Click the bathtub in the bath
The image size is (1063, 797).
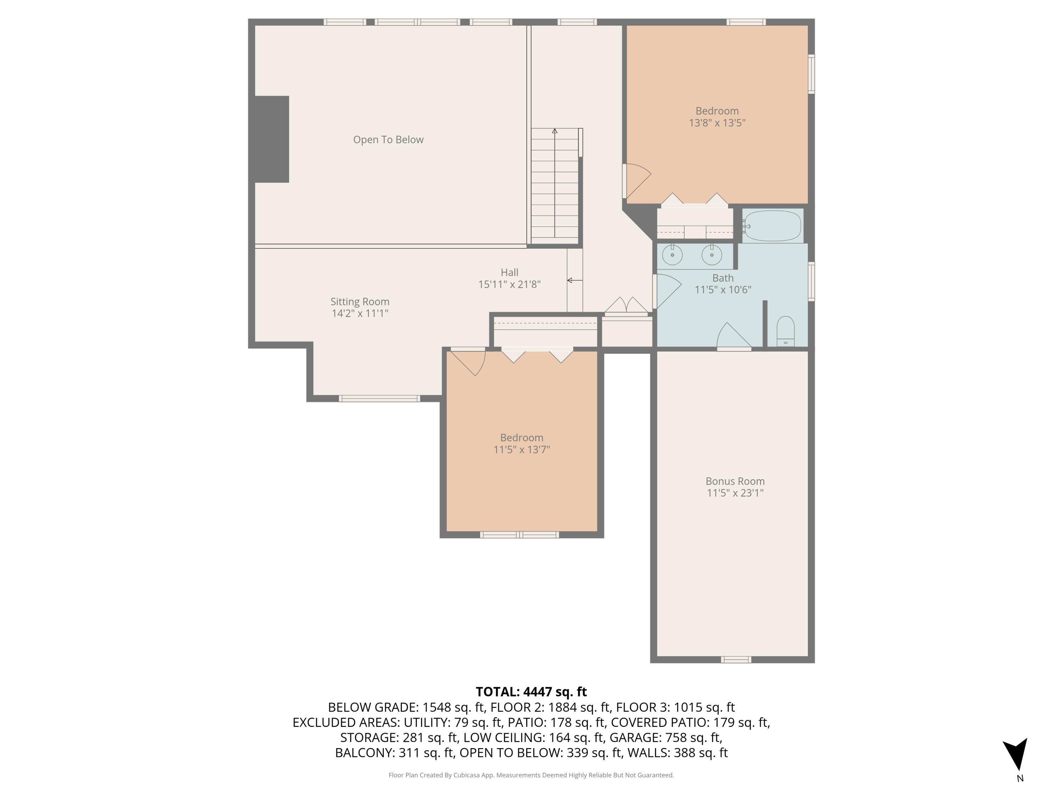pyautogui.click(x=772, y=226)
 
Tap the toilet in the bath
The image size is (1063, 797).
pyautogui.click(x=785, y=332)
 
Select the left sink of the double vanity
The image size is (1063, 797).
pyautogui.click(x=672, y=255)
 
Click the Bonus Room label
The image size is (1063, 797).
pyautogui.click(x=735, y=481)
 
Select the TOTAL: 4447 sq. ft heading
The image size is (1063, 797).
pyautogui.click(x=531, y=692)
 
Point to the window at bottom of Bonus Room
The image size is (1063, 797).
pyautogui.click(x=736, y=660)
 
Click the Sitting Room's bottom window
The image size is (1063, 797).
pyautogui.click(x=379, y=398)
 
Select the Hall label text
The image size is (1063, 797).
pyautogui.click(x=510, y=272)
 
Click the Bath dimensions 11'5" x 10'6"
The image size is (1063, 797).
pyautogui.click(x=723, y=290)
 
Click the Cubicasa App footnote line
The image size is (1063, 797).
pyautogui.click(x=531, y=775)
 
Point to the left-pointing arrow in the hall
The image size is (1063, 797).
pyautogui.click(x=574, y=280)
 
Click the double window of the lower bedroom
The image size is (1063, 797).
pyautogui.click(x=519, y=535)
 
